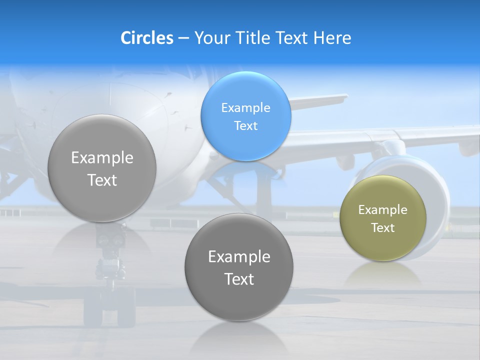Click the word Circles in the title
point(147,38)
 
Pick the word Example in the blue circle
point(245,107)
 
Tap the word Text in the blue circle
point(245,125)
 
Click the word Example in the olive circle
point(383,209)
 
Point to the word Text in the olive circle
point(383,227)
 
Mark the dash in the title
point(183,38)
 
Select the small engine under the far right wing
point(467,147)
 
